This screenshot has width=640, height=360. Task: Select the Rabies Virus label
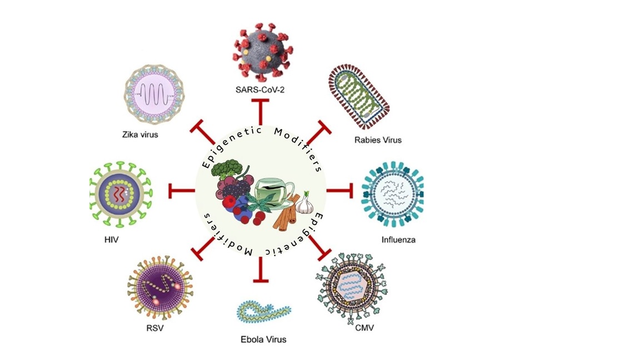pyautogui.click(x=378, y=140)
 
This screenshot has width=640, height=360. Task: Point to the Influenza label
pyautogui.click(x=398, y=241)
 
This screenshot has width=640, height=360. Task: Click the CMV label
pyautogui.click(x=364, y=328)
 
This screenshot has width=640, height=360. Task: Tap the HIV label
pyautogui.click(x=111, y=241)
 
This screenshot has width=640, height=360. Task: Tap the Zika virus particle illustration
pyautogui.click(x=154, y=91)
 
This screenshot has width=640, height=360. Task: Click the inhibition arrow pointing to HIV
pyautogui.click(x=181, y=191)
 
